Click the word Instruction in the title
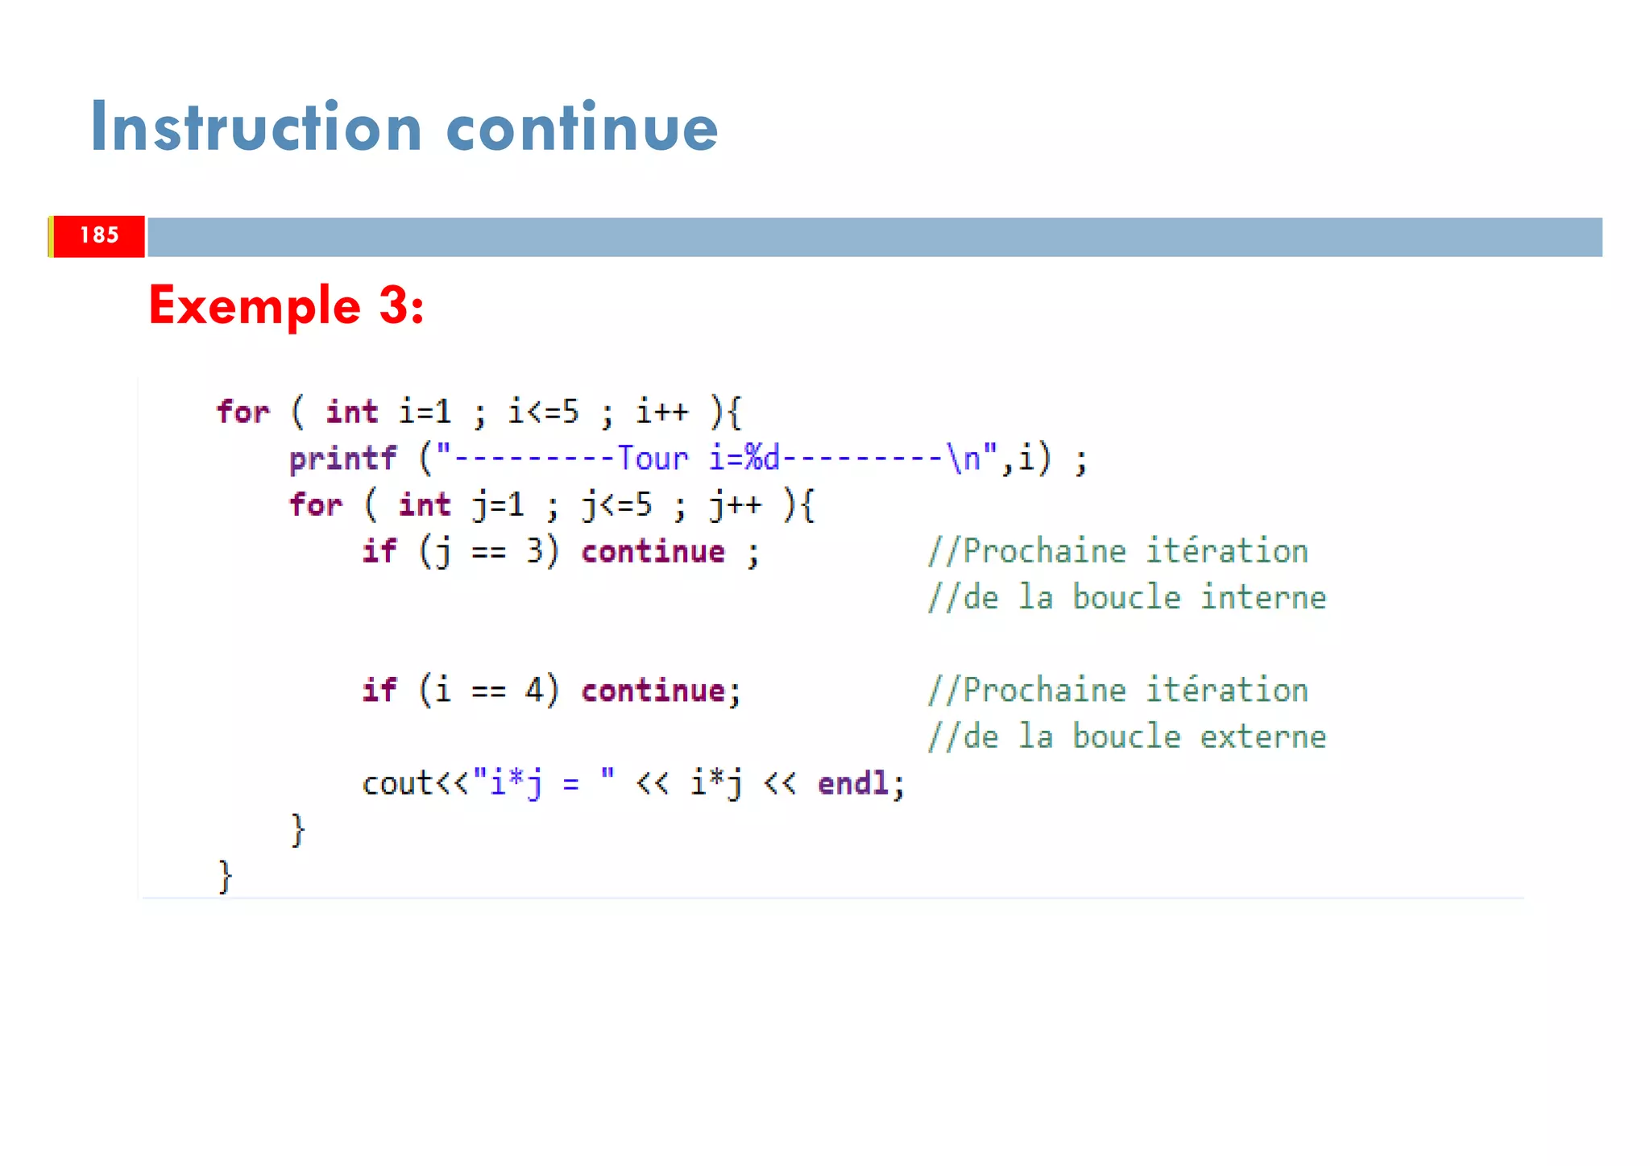[x=255, y=127]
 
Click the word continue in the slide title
[x=581, y=127]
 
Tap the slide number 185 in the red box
[x=99, y=235]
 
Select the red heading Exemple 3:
[x=286, y=306]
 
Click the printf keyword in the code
[x=343, y=459]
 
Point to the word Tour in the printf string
[x=653, y=459]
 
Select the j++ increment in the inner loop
[x=735, y=505]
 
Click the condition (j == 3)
[x=488, y=552]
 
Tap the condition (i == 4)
[x=488, y=691]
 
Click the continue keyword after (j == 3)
[x=653, y=552]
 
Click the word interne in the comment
[x=1262, y=598]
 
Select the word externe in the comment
[x=1262, y=737]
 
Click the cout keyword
[x=397, y=783]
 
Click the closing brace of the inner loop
[x=298, y=830]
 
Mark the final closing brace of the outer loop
[x=226, y=876]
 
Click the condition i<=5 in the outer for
[x=543, y=412]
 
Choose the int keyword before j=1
[x=425, y=505]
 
